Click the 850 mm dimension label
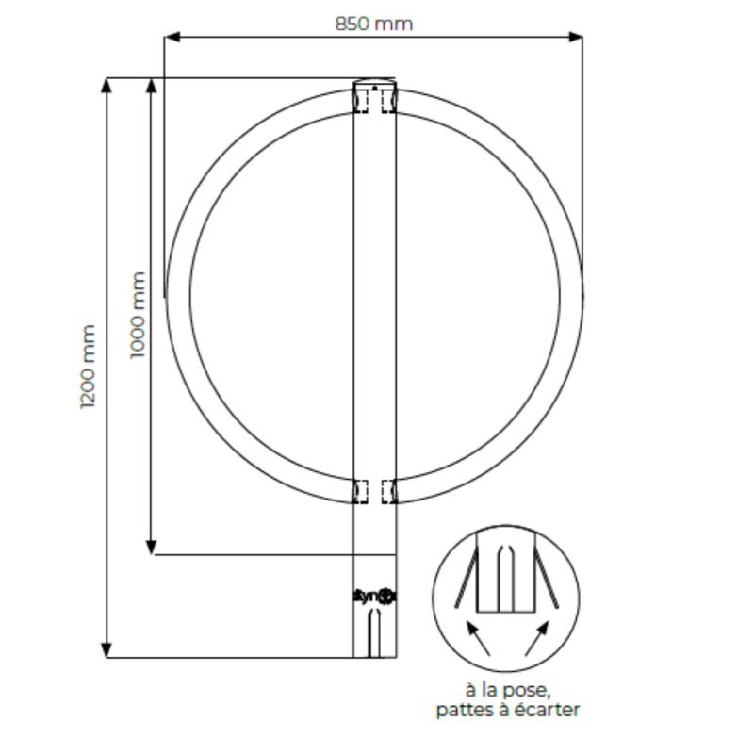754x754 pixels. coord(373,23)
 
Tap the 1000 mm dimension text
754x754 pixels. coord(138,315)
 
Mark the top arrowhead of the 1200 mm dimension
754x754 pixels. coord(107,85)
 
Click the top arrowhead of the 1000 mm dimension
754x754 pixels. coord(151,86)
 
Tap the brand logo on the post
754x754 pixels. coord(375,596)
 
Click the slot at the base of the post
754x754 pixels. coord(375,631)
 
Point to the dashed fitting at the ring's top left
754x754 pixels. coord(362,99)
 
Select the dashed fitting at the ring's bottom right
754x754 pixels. coord(388,491)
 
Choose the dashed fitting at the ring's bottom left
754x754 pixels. coord(361,491)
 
